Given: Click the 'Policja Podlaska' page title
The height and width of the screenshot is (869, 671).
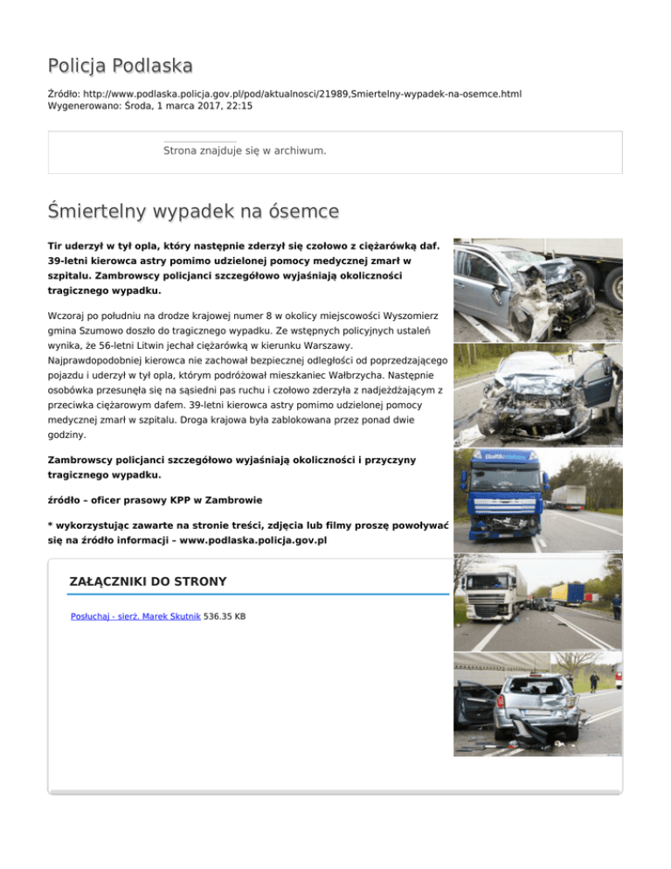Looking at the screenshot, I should (121, 66).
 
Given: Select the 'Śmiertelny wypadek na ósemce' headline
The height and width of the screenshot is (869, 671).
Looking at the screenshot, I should (193, 212).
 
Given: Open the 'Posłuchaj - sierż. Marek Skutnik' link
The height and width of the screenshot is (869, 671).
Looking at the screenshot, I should (135, 616).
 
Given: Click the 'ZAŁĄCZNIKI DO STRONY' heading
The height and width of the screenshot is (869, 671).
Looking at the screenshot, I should (148, 581).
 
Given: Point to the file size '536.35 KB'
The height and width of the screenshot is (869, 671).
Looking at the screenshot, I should (225, 616).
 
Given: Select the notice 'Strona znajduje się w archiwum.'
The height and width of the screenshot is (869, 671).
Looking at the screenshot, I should (245, 151).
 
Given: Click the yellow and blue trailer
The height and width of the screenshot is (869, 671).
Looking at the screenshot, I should (569, 594).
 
